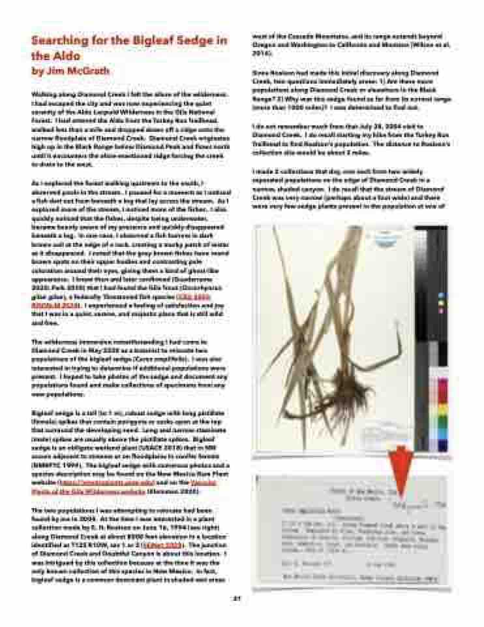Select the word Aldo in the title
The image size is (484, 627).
(59, 56)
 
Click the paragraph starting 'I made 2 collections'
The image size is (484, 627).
(352, 189)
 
